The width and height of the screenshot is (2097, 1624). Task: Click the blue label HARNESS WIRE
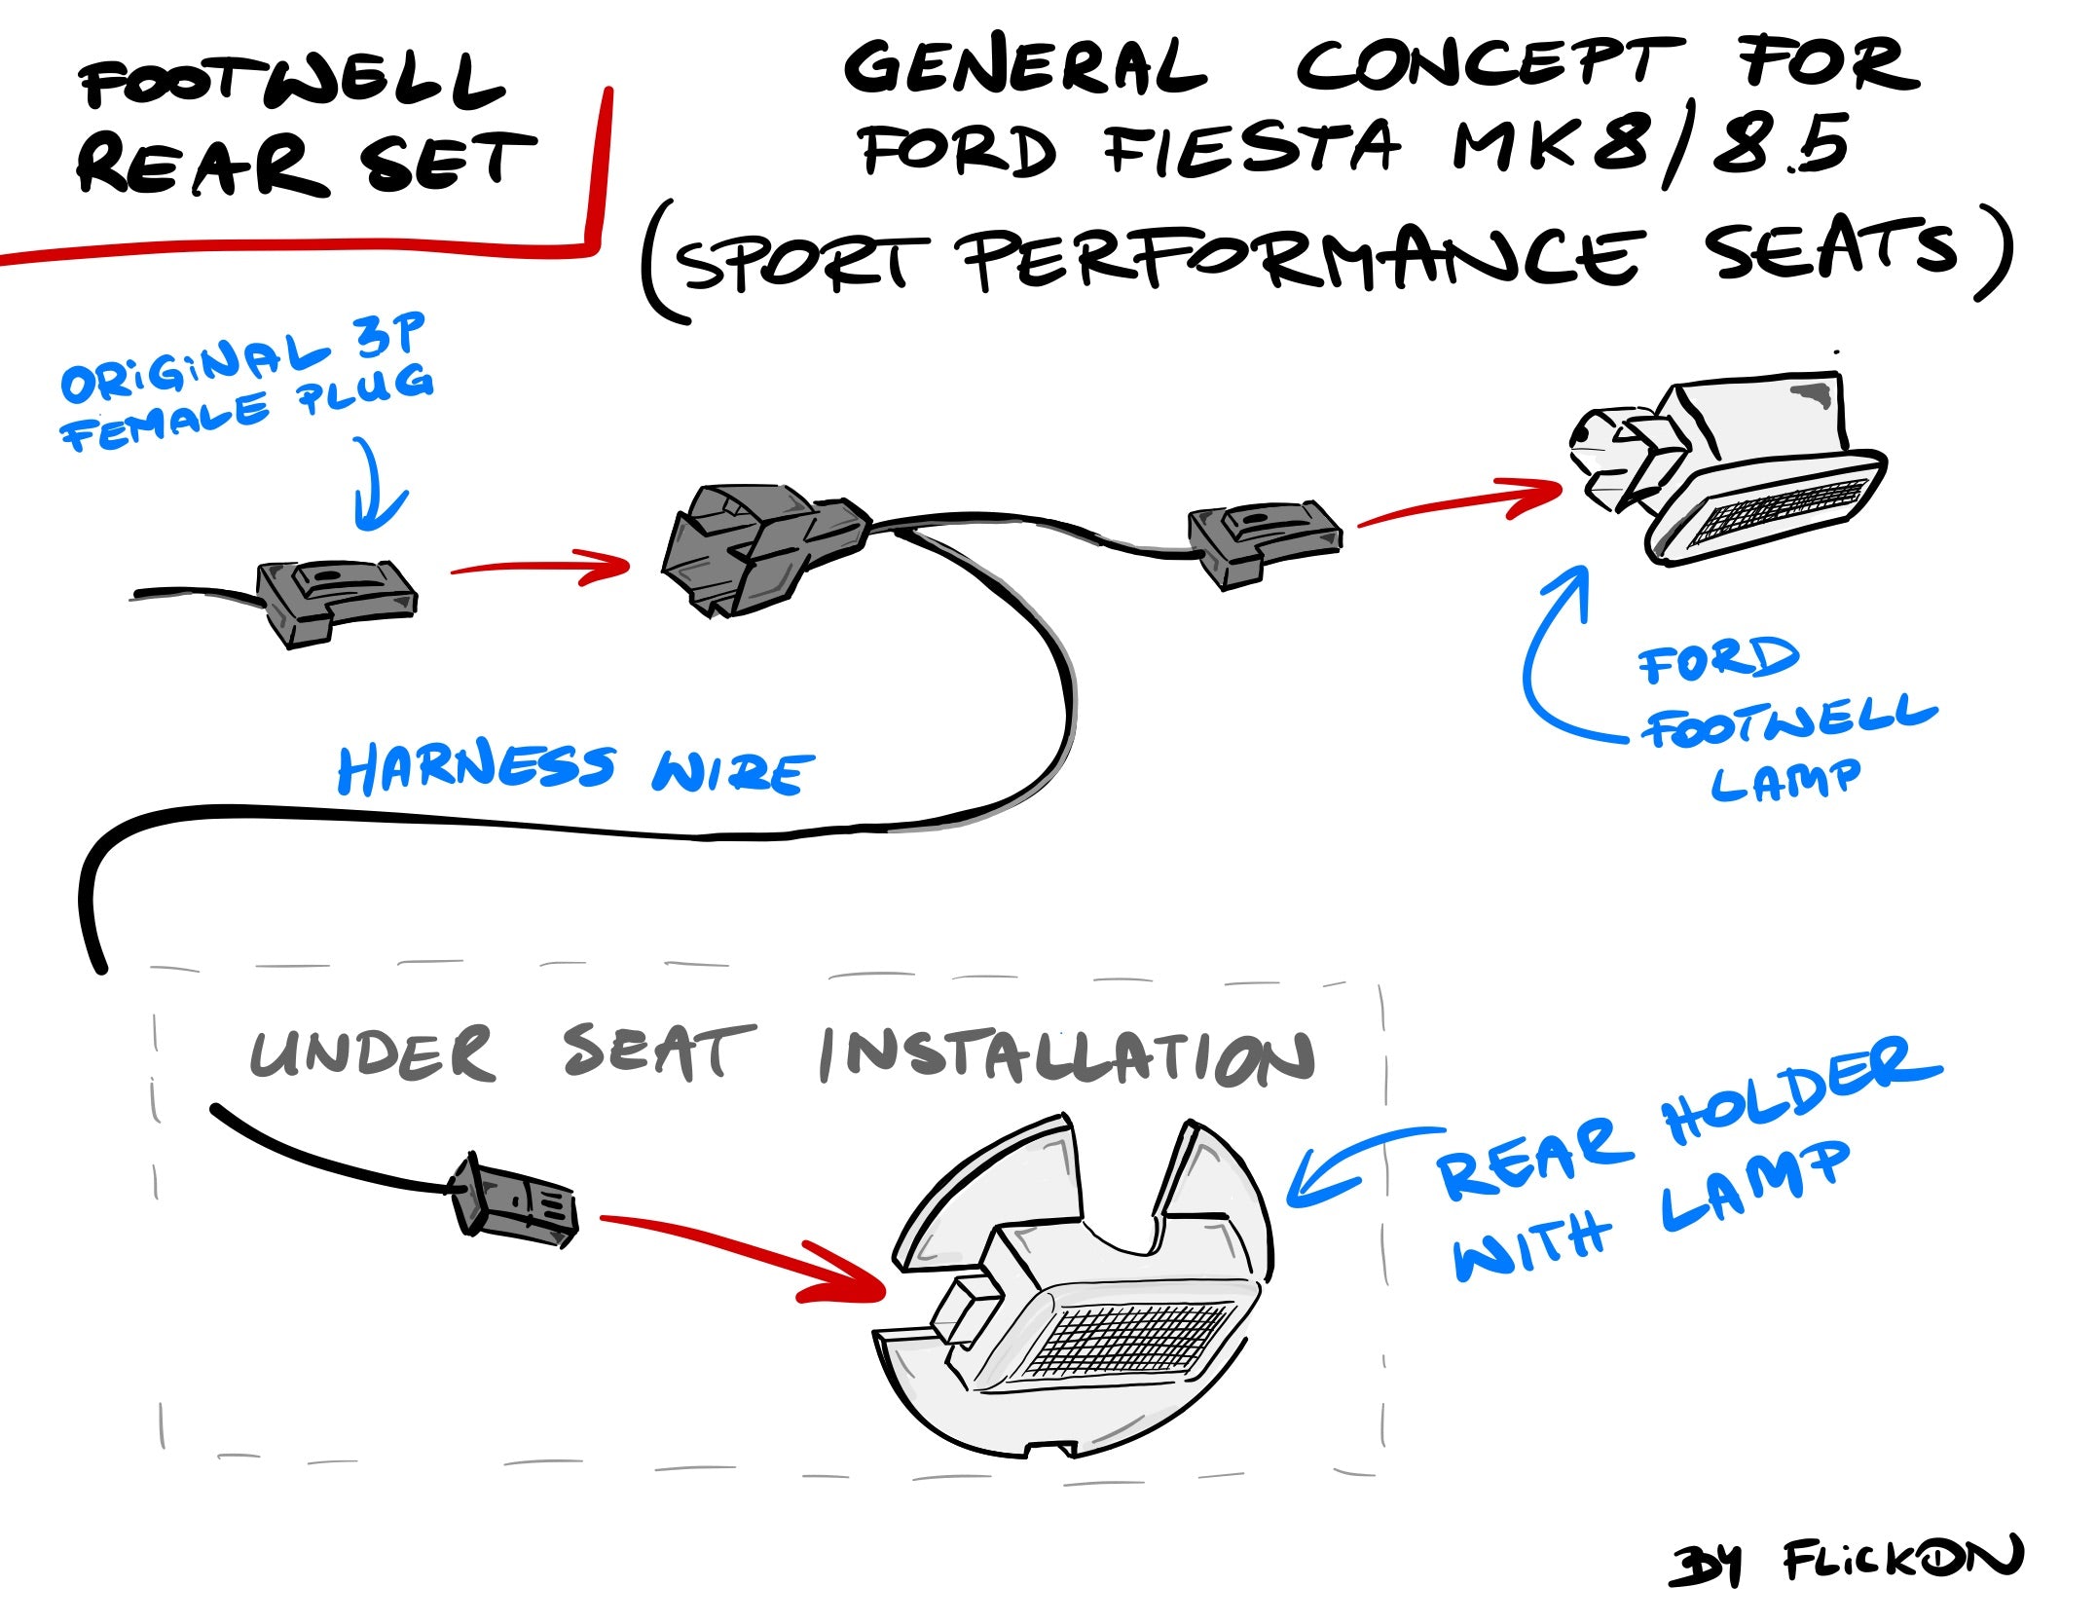click(x=574, y=770)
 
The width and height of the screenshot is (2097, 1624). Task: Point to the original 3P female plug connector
click(x=336, y=601)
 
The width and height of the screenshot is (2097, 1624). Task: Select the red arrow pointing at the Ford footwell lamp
click(x=1460, y=502)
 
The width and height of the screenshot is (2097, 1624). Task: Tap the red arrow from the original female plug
click(x=541, y=567)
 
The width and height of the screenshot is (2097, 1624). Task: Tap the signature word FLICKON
click(x=1903, y=1559)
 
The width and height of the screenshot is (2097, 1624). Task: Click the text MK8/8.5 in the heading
click(x=1651, y=146)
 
